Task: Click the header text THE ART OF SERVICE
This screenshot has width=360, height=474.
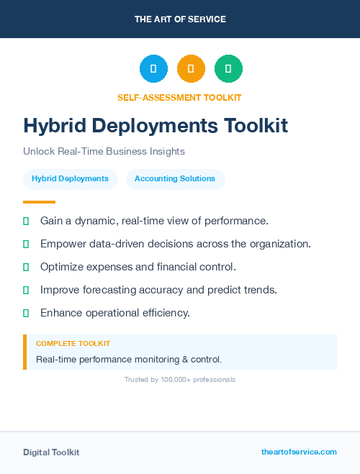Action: (x=180, y=19)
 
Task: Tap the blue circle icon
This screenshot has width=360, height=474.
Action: (x=153, y=69)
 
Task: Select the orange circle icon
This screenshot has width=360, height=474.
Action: (x=191, y=69)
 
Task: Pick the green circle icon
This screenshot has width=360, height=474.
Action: (x=228, y=69)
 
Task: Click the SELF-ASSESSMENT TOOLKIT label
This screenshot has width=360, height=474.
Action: (x=179, y=97)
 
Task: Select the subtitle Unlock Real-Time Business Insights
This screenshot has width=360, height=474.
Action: (x=104, y=152)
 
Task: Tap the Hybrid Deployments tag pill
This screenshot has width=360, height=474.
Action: (x=70, y=178)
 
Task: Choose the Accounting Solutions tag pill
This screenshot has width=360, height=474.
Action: (x=175, y=178)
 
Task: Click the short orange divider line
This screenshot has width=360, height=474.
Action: (x=39, y=202)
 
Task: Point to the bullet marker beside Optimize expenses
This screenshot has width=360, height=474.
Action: (x=26, y=267)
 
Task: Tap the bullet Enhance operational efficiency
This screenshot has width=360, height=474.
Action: (x=114, y=313)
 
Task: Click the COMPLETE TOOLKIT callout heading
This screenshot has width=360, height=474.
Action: (x=73, y=344)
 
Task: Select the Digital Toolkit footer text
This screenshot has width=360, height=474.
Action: (x=51, y=452)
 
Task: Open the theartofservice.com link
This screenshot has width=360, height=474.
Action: (x=299, y=452)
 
